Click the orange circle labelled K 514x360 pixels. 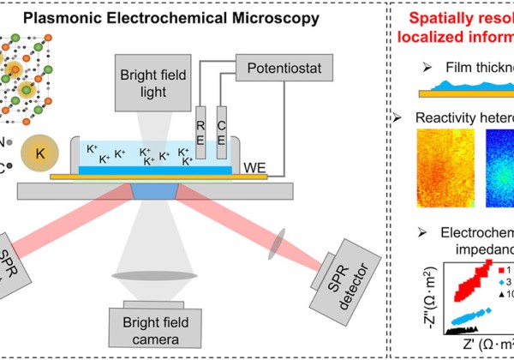[x=39, y=152]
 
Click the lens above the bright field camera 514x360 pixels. [x=146, y=276]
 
